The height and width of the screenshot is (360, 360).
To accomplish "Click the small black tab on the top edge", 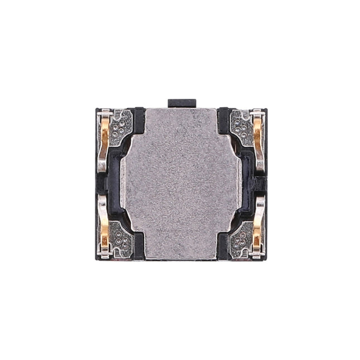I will pyautogui.click(x=182, y=103).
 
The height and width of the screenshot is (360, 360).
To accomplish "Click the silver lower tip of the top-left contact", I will pyautogui.click(x=102, y=165).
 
